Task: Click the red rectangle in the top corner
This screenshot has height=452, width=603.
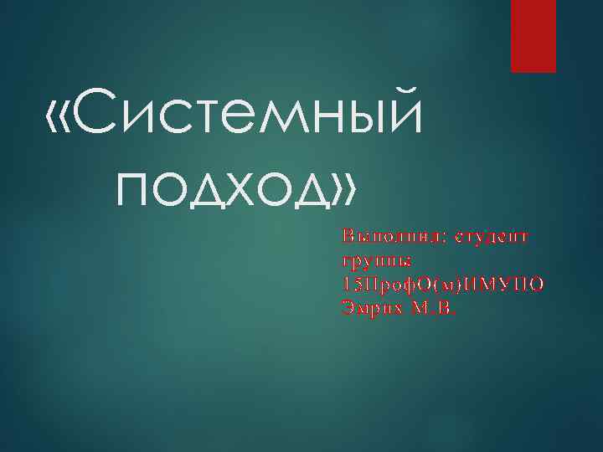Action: point(533,36)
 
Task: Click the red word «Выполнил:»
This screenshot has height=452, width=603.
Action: point(388,237)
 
